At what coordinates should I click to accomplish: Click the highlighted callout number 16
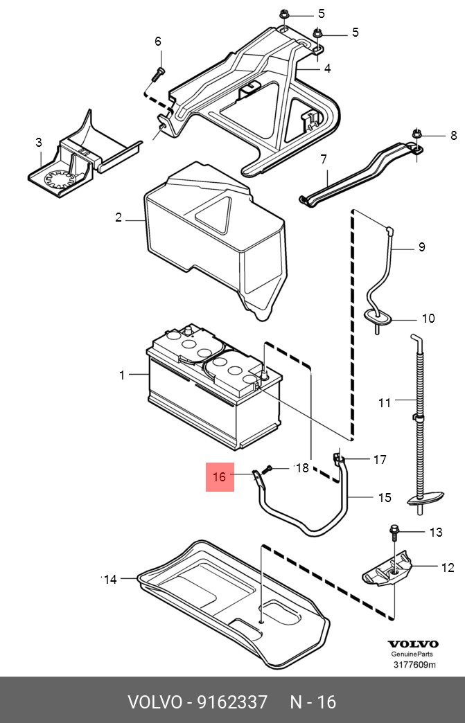pyautogui.click(x=220, y=477)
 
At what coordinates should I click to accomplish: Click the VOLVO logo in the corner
pyautogui.click(x=412, y=644)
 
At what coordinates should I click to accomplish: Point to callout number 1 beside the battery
pyautogui.click(x=123, y=375)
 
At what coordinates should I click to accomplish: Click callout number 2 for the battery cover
pyautogui.click(x=119, y=217)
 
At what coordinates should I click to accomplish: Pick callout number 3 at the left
pyautogui.click(x=39, y=143)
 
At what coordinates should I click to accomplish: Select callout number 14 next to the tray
pyautogui.click(x=110, y=580)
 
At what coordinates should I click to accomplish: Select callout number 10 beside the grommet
pyautogui.click(x=428, y=319)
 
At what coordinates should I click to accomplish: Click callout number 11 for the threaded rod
pyautogui.click(x=385, y=402)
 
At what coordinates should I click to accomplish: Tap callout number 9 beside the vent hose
pyautogui.click(x=421, y=247)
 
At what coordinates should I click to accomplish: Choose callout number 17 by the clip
pyautogui.click(x=380, y=459)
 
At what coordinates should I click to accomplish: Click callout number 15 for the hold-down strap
pyautogui.click(x=385, y=497)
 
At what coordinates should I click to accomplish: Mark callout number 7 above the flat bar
pyautogui.click(x=324, y=159)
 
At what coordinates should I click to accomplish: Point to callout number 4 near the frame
pyautogui.click(x=327, y=68)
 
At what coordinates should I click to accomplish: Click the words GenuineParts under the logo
pyautogui.click(x=412, y=654)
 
